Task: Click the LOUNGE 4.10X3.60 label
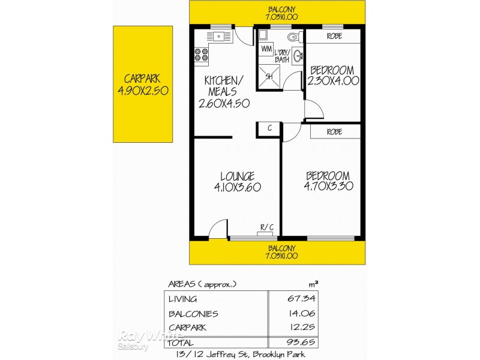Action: (237, 181)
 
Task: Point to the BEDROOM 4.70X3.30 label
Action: (328, 181)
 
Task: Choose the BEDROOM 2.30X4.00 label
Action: (333, 75)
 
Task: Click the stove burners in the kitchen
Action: (201, 56)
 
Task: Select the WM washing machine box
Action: (266, 47)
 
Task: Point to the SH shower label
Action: (269, 76)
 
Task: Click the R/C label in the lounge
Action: (266, 227)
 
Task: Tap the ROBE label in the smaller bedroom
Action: (334, 36)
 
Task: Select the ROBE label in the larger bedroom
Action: (335, 131)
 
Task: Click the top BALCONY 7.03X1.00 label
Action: (277, 13)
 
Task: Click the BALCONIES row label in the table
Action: (193, 314)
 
